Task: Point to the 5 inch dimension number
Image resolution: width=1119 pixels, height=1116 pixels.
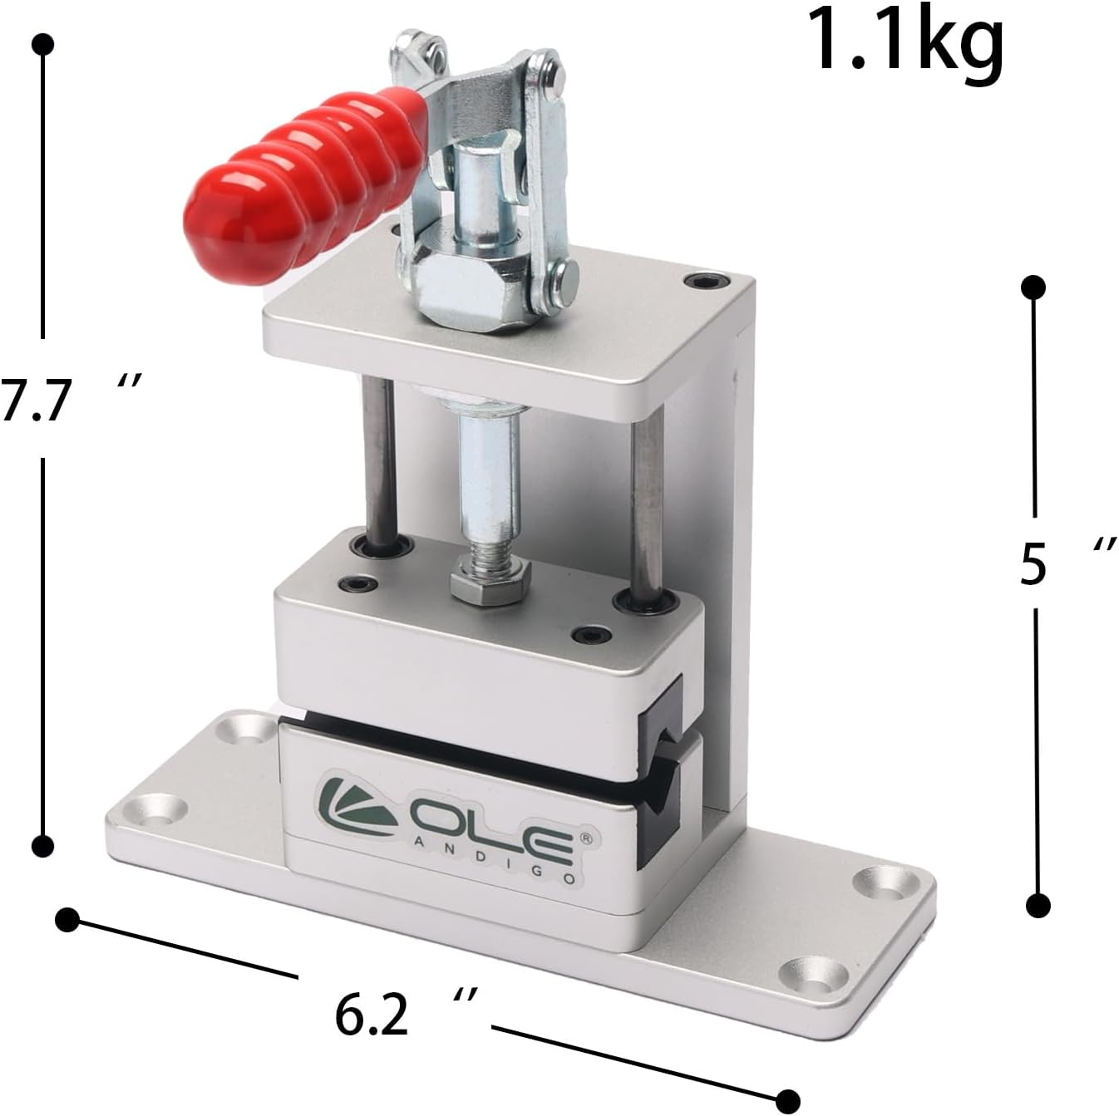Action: point(1032,563)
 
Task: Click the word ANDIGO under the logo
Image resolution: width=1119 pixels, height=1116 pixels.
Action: point(495,869)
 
